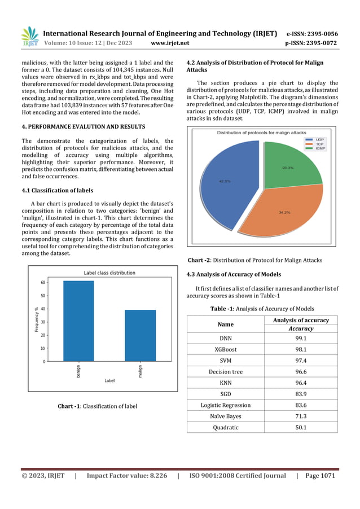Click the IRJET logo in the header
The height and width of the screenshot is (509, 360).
point(29,36)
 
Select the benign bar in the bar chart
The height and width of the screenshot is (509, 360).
point(78,321)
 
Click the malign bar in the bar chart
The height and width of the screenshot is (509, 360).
point(140,336)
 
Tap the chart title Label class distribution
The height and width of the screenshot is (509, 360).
point(109,272)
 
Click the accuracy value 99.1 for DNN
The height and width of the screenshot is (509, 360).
point(301,339)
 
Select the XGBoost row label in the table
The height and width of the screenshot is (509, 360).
point(225,349)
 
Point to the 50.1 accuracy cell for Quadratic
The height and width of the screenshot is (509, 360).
point(301,427)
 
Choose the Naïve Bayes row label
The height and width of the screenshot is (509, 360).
point(225,416)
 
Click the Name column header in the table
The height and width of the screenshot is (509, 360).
point(225,324)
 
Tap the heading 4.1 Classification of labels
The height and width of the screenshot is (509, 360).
point(58,190)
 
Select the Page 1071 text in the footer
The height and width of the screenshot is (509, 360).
point(320,476)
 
